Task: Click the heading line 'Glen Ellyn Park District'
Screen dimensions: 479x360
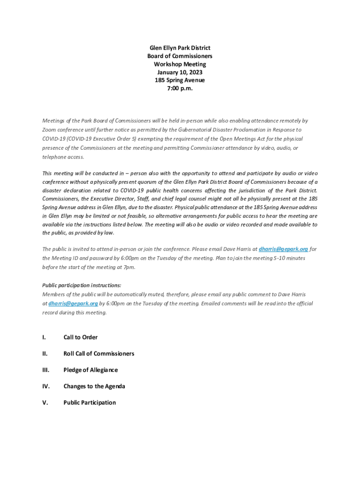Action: pos(180,48)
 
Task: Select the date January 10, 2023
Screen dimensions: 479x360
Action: pos(180,72)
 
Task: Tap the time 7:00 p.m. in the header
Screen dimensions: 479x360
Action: pos(180,88)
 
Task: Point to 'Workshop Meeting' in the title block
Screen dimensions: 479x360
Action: pos(180,64)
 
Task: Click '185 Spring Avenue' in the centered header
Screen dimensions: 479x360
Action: pos(180,80)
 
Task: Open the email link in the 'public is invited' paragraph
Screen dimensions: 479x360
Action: pos(283,249)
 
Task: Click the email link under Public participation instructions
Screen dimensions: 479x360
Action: pos(73,304)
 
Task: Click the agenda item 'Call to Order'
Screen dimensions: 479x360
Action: pos(80,337)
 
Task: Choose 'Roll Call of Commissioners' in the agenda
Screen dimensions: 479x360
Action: pos(99,354)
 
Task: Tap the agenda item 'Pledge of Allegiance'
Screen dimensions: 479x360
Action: pos(90,370)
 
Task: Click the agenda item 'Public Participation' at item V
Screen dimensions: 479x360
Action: pos(89,403)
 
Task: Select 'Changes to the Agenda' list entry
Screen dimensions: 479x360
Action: pos(94,386)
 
